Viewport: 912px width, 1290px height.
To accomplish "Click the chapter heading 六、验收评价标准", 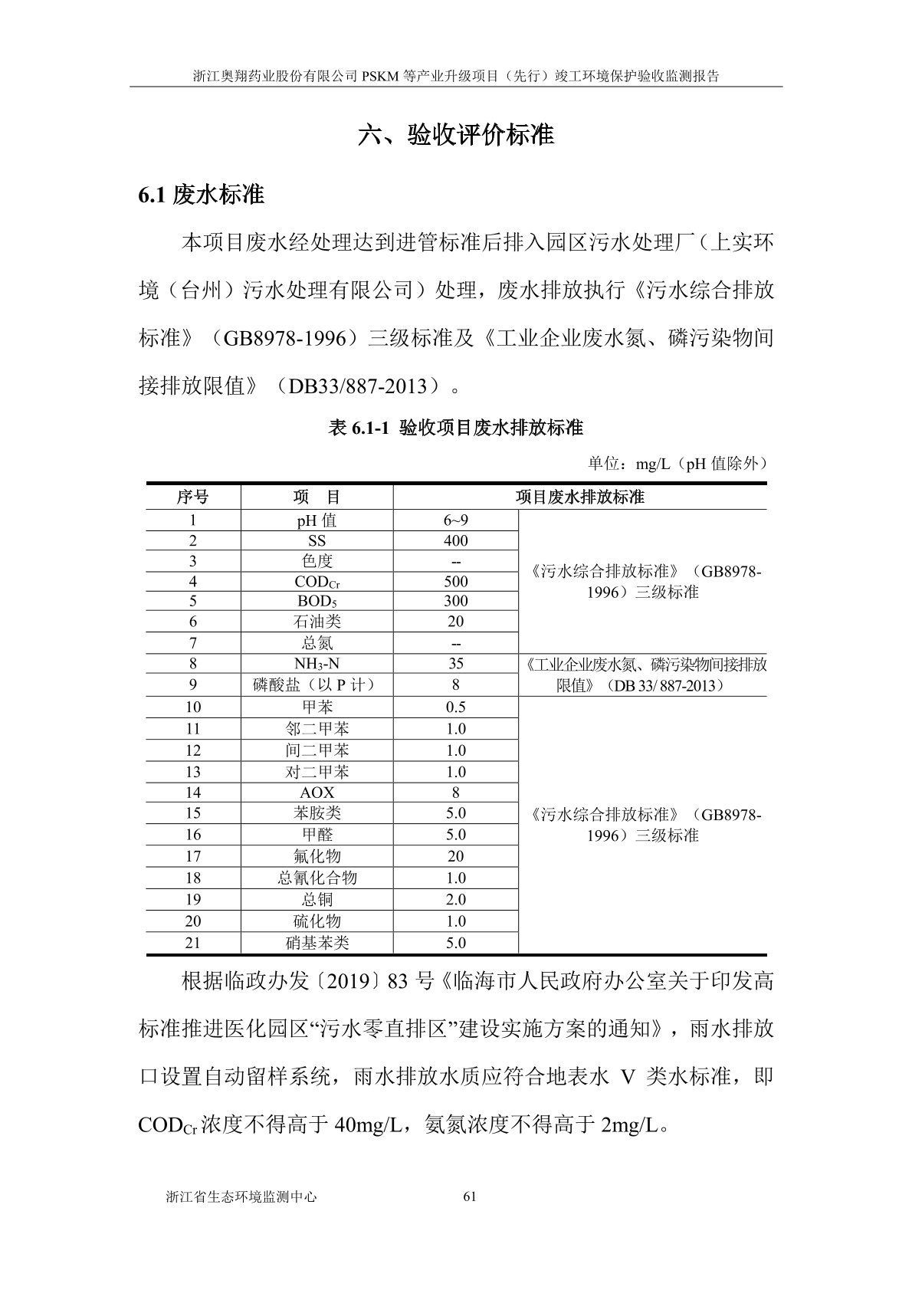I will (x=456, y=136).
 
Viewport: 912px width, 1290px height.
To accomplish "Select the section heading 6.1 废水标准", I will (x=201, y=195).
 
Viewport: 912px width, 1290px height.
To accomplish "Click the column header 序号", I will (x=192, y=497).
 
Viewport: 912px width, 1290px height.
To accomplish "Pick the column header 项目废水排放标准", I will (x=579, y=497).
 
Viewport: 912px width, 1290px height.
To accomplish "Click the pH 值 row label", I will (x=317, y=521).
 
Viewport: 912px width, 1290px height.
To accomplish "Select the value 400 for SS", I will (x=455, y=541).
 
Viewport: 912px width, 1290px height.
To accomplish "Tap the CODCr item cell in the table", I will (x=317, y=582).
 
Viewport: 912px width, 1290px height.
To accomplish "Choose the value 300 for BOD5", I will (x=455, y=602).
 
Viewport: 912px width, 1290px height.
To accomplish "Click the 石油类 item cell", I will (x=317, y=622).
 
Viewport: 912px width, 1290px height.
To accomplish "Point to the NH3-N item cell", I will (x=317, y=664).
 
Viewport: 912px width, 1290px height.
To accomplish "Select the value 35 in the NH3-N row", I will (x=455, y=664).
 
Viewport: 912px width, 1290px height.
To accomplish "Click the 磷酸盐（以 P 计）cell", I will (x=317, y=684).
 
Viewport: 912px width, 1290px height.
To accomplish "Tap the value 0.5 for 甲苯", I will (x=455, y=707).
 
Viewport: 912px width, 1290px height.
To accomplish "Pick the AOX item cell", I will (x=317, y=793).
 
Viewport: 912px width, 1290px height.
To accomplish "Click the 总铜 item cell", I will (x=317, y=899).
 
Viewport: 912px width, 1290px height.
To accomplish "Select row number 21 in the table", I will (x=192, y=943).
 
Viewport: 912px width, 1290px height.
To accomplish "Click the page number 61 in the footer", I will (x=471, y=1196).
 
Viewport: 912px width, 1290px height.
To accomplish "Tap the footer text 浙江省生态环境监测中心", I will (x=241, y=1196).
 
